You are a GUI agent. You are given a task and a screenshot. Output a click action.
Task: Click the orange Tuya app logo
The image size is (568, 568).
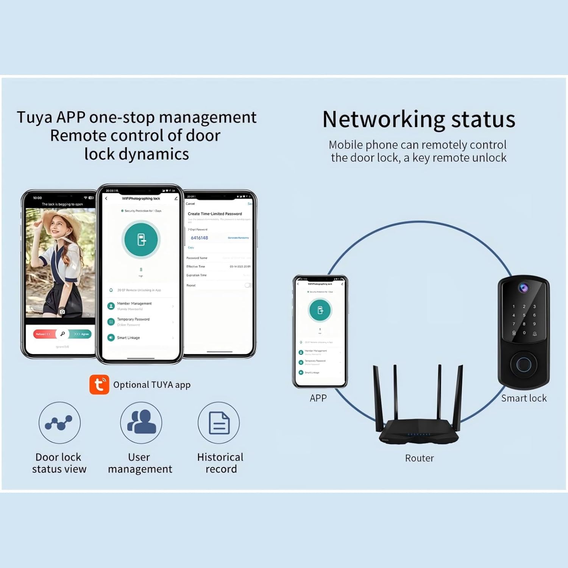pos(99,385)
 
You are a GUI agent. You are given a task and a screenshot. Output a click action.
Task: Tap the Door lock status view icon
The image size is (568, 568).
pos(59,423)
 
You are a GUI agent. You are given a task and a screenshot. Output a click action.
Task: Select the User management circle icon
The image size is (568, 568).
pos(141,423)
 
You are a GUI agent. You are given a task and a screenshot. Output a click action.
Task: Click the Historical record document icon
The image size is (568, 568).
pos(219,423)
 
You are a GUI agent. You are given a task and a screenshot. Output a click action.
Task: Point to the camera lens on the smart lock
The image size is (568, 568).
pos(524,288)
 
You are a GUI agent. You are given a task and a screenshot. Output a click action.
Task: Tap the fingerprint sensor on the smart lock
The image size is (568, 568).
pos(524,365)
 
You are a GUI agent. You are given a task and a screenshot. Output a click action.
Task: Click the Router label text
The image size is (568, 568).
pos(419,458)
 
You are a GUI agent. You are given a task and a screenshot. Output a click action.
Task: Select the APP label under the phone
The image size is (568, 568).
pos(318,398)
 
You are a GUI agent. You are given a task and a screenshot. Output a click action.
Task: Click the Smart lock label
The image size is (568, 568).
pos(524,398)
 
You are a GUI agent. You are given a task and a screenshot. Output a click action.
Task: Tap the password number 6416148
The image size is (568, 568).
pos(199,238)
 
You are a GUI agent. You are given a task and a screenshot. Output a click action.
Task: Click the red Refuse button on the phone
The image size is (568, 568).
pos(44,334)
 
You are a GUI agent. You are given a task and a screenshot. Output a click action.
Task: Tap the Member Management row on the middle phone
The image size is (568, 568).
pos(134,304)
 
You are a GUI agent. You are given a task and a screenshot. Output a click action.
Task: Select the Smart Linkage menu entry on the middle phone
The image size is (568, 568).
pos(128,338)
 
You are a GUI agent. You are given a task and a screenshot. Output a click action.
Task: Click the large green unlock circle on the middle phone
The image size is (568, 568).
pos(141,240)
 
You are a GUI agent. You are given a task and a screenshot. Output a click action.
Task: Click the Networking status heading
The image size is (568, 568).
pos(419,119)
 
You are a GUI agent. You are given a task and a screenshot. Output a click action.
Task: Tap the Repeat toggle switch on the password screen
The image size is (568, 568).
pos(248,285)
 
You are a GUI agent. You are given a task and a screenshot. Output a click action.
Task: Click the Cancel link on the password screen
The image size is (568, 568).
pos(190,204)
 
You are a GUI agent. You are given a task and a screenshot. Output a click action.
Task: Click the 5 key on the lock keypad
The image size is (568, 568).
pos(524,315)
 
